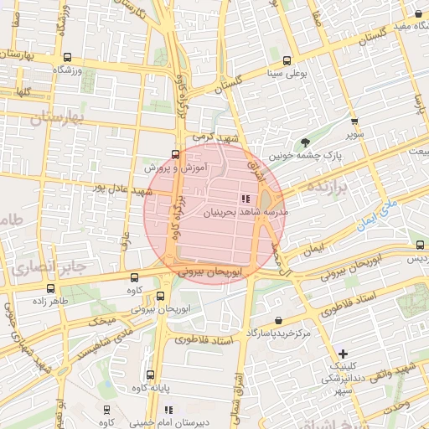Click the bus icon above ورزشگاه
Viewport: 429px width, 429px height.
(x=67, y=58)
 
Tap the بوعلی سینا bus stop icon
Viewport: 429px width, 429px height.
(x=287, y=60)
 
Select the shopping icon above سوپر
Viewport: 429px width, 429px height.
(x=354, y=121)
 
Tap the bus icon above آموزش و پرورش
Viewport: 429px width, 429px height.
(x=175, y=154)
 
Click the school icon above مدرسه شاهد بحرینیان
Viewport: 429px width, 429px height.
(x=245, y=199)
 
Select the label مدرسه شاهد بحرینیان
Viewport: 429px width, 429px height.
(x=247, y=213)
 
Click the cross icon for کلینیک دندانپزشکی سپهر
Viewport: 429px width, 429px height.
(x=342, y=354)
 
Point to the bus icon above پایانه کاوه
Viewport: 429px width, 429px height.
(x=150, y=375)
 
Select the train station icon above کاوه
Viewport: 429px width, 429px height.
(x=106, y=410)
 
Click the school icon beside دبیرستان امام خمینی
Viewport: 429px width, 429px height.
(x=168, y=411)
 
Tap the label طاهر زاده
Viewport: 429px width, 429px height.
(x=49, y=300)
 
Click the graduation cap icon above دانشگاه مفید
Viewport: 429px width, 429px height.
(x=418, y=14)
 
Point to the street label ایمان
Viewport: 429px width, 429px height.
(x=313, y=250)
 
